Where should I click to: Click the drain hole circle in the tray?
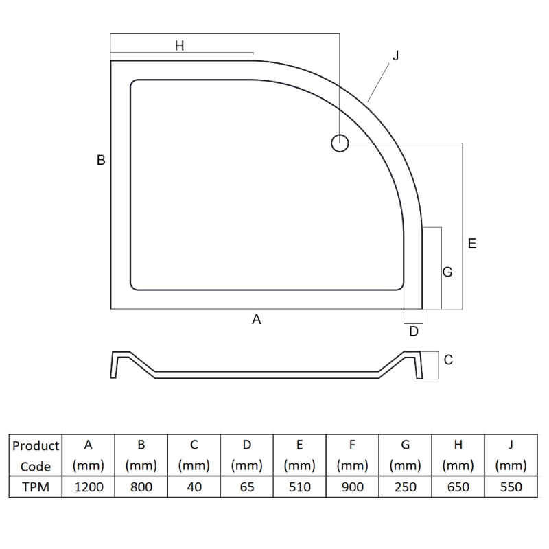coord(340,135)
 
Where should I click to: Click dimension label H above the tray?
coord(179,46)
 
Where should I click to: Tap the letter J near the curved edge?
coord(396,56)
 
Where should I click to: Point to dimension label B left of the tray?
coord(101,160)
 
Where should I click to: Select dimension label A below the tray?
coord(257,319)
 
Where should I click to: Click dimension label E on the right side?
coord(472,244)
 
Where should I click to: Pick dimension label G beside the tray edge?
coord(447,272)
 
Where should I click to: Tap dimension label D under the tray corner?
coord(414,331)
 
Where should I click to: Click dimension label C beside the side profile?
coord(448,360)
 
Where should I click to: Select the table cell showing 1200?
coord(89,487)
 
